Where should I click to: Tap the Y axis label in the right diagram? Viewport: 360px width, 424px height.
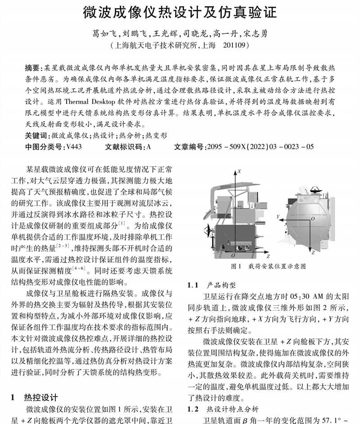(279, 217)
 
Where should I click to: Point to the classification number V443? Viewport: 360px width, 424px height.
(73, 147)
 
